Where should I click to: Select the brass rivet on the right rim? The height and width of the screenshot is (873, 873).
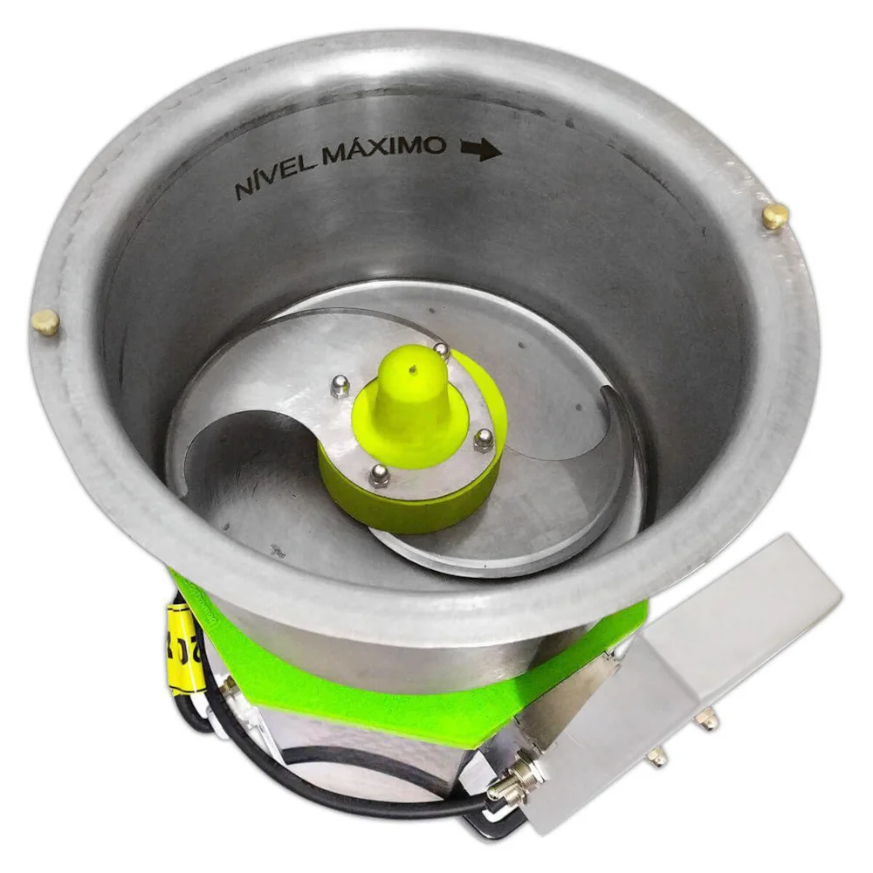tap(775, 216)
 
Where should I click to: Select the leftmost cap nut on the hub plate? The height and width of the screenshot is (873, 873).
tap(340, 385)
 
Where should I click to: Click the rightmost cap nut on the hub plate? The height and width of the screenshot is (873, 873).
tap(483, 439)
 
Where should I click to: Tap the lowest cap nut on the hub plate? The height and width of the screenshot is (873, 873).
tap(380, 475)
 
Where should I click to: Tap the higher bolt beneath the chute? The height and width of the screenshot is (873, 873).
tap(707, 720)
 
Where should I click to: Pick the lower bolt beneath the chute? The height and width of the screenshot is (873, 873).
tap(655, 758)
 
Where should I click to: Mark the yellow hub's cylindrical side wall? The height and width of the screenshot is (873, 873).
tap(410, 506)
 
